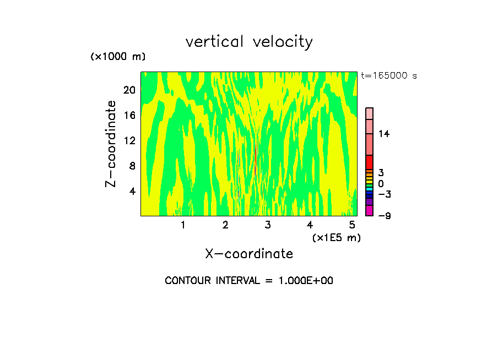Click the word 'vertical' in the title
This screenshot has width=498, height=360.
(215, 42)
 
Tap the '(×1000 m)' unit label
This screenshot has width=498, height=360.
(118, 57)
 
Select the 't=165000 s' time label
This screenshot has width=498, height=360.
(388, 75)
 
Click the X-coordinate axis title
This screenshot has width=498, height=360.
(249, 254)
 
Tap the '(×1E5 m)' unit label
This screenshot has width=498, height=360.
(336, 237)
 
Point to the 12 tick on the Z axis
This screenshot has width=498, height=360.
(129, 140)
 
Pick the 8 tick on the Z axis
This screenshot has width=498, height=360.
(132, 166)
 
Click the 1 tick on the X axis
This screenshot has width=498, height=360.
(183, 225)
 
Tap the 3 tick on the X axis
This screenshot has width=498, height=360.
(268, 225)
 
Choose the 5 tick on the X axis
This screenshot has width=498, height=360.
(352, 225)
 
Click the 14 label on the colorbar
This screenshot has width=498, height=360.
(383, 134)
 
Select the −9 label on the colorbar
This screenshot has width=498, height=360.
(384, 215)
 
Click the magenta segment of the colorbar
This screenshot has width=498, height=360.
(370, 211)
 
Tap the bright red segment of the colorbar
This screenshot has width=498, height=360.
(370, 162)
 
